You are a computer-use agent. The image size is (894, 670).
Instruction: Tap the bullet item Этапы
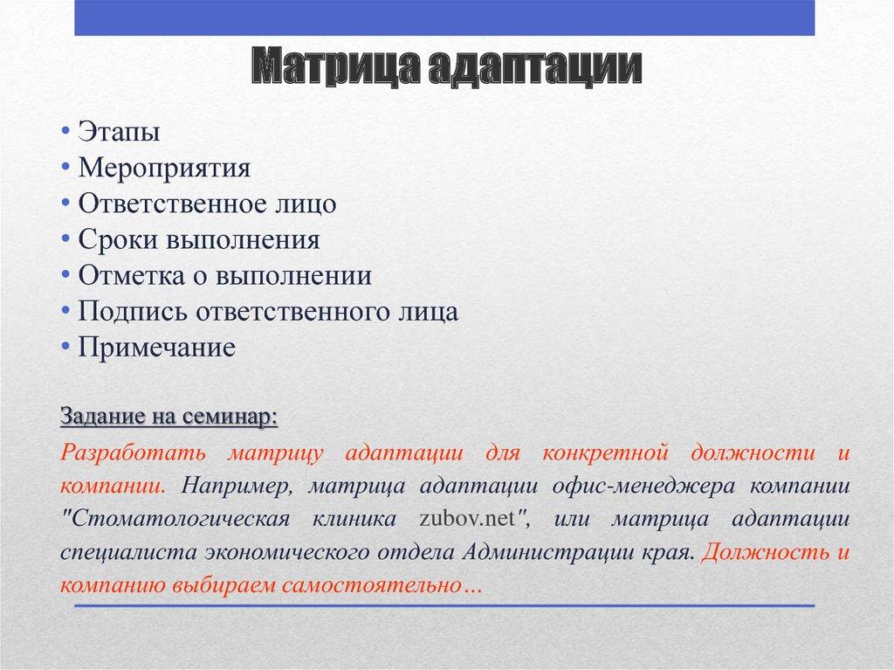[119, 132]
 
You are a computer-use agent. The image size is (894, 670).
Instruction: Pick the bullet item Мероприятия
[164, 168]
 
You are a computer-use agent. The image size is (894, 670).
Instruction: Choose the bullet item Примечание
[156, 348]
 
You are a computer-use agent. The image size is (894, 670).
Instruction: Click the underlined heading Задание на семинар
[169, 417]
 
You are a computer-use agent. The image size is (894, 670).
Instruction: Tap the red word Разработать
[134, 454]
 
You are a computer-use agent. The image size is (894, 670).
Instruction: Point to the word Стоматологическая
[175, 519]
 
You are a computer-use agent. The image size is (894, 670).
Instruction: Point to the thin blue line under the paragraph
[444, 605]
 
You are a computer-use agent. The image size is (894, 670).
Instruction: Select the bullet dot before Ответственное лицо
[66, 204]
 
